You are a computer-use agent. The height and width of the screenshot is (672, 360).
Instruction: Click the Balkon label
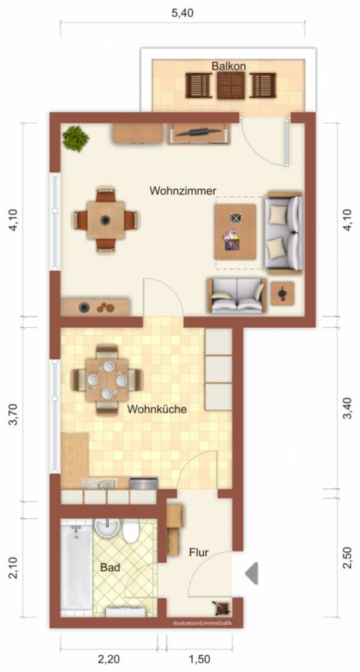click(229, 66)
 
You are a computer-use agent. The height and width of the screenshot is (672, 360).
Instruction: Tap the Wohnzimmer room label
click(182, 190)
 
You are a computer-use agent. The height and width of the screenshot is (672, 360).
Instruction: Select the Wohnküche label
click(157, 409)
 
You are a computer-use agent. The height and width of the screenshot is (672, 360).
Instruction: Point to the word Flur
click(199, 553)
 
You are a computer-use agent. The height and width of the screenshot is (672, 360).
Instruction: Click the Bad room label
click(110, 567)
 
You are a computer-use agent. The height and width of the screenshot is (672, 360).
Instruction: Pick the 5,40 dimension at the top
click(182, 13)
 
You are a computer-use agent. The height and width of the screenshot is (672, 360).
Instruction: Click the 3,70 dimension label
click(15, 415)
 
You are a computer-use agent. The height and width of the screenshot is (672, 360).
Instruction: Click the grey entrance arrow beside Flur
click(252, 573)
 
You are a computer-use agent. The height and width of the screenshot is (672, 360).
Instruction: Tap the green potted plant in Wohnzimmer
click(75, 138)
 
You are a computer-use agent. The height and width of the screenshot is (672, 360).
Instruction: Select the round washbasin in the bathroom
click(107, 528)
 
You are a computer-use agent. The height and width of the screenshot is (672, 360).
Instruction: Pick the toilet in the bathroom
click(131, 531)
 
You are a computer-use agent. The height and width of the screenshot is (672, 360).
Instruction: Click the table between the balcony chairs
click(231, 85)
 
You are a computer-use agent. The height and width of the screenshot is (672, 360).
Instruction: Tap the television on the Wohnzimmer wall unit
click(199, 131)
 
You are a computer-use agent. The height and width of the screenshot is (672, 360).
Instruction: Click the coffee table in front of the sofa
click(235, 232)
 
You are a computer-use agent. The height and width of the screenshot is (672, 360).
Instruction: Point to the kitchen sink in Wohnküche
click(99, 485)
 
